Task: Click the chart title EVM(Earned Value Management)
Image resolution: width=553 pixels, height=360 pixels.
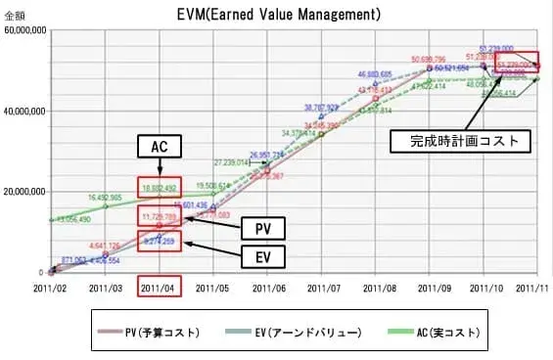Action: point(278,15)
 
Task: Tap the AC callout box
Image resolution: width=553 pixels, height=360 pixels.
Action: point(156,146)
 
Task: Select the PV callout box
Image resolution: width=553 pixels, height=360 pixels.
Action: point(261,227)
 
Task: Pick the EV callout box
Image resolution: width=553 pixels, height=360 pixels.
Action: point(261,258)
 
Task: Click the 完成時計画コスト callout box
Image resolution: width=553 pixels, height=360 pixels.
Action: point(459,141)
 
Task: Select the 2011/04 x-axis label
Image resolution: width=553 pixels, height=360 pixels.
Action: point(158,288)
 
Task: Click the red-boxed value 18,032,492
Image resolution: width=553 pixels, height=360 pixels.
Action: point(158,188)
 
